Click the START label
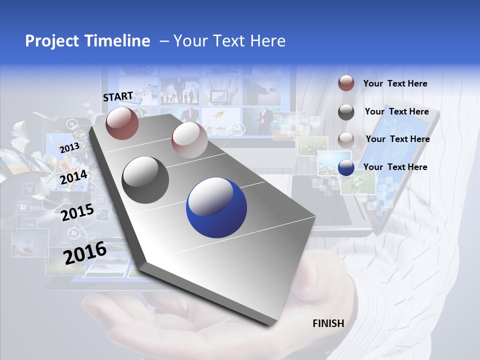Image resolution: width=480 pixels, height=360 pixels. click(x=118, y=96)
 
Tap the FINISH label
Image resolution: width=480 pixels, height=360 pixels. click(x=328, y=323)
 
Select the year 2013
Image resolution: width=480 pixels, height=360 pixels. click(x=69, y=148)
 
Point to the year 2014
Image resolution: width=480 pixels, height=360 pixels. click(x=74, y=177)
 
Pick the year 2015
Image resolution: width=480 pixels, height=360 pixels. click(x=77, y=212)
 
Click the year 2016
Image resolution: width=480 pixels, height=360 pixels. click(x=85, y=252)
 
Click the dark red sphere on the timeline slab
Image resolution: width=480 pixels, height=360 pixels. click(x=122, y=123)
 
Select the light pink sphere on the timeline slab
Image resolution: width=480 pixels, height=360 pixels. click(x=189, y=140)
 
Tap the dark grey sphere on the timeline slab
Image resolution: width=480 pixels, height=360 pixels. click(x=145, y=180)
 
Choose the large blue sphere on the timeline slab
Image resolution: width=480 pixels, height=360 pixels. click(x=216, y=208)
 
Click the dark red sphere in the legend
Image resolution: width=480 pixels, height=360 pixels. click(x=346, y=83)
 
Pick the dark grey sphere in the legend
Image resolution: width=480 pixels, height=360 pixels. click(x=346, y=112)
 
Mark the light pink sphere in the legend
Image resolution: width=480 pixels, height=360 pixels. click(x=346, y=139)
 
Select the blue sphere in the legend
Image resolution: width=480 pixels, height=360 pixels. click(x=346, y=167)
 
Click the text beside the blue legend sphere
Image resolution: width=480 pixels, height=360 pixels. click(x=395, y=167)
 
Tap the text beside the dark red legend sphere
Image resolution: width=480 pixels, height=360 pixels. click(x=395, y=83)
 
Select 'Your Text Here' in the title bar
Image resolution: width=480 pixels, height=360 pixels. click(x=229, y=41)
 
